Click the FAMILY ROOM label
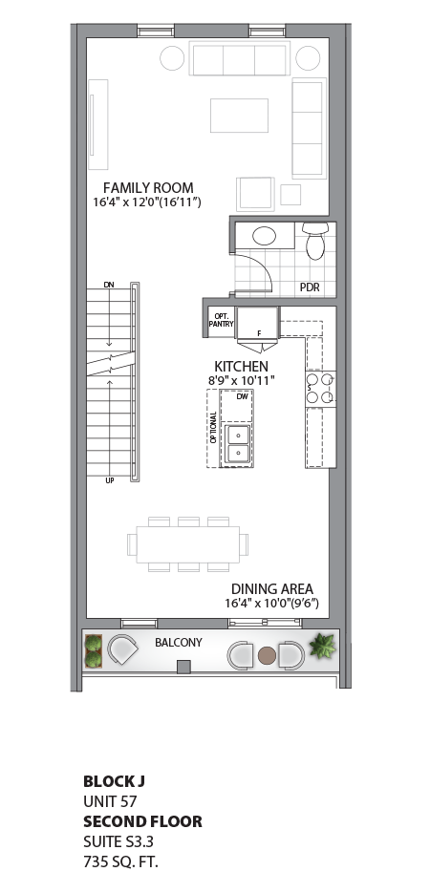point(148,188)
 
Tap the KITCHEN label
point(241,366)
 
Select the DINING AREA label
point(272,589)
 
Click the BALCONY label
point(179,643)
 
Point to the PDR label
point(310,287)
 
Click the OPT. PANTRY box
point(221,322)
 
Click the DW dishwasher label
point(243,395)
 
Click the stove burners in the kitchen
point(319,388)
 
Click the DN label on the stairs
point(109,286)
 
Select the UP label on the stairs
point(110,480)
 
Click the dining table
point(186,544)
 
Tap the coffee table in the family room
point(239,115)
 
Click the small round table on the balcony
point(267,655)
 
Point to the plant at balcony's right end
point(322,646)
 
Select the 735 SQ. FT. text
point(120,861)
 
